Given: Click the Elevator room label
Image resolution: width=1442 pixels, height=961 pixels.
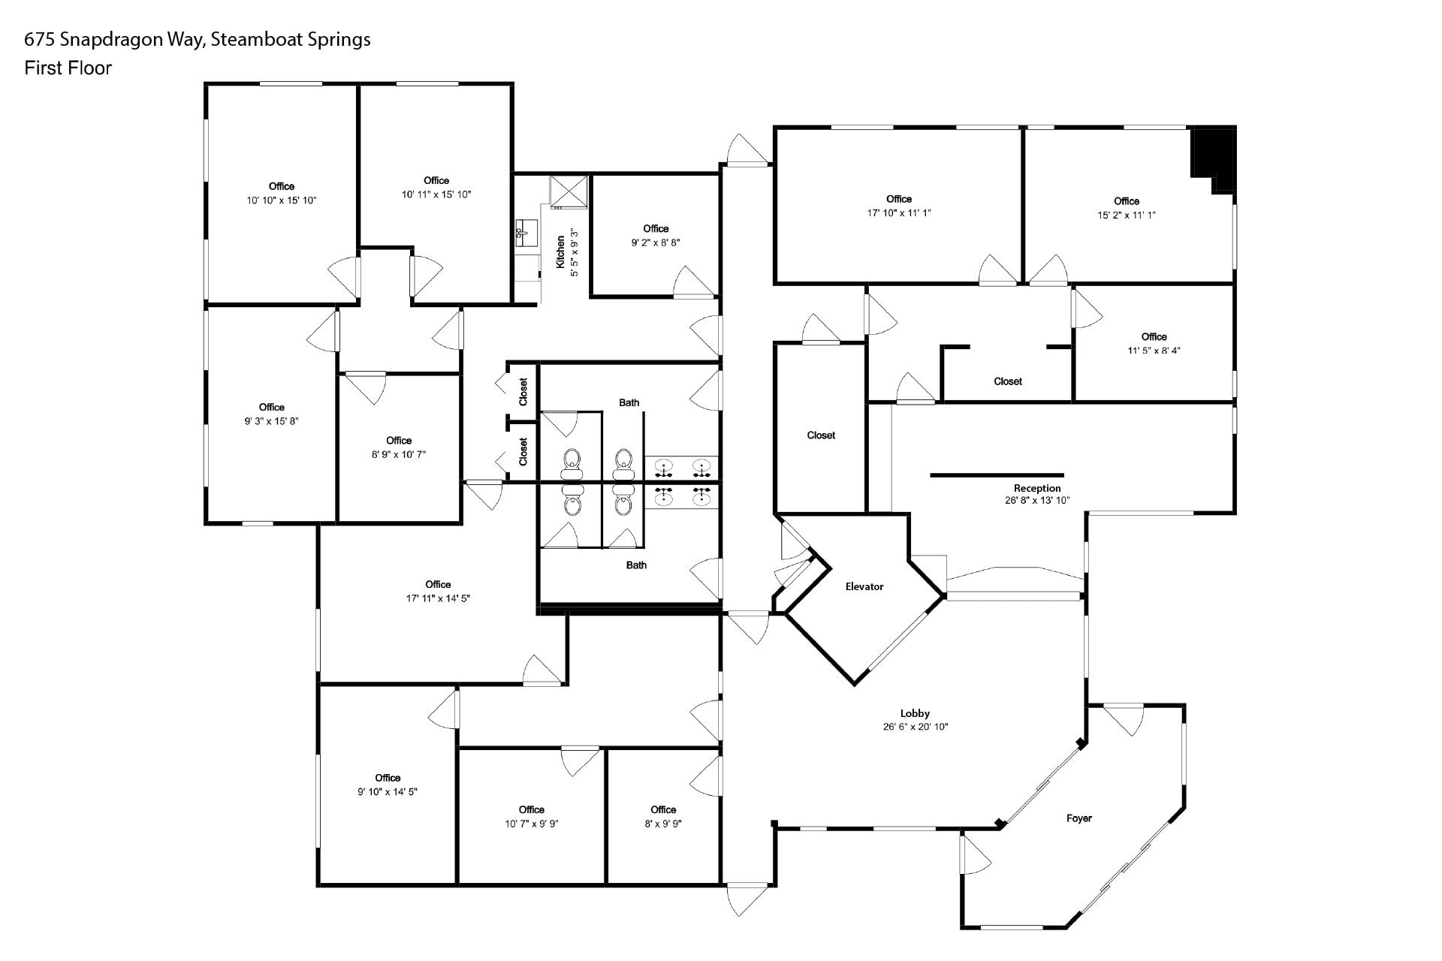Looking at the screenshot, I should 864,586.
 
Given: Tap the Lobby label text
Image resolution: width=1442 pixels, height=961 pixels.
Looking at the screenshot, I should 915,713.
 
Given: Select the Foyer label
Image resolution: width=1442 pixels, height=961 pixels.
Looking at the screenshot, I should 1078,818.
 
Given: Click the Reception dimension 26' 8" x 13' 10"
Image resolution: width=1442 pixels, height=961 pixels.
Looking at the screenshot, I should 1037,500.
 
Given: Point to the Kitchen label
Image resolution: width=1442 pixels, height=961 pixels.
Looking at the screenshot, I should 560,252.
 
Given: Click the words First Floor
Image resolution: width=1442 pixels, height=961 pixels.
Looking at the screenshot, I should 68,68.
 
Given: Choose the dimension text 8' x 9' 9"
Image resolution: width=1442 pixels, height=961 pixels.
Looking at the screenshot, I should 662,824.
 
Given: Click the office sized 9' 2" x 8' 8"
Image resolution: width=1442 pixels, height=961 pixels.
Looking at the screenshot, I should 655,236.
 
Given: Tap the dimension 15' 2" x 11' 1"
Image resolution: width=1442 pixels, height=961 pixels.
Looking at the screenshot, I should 1126,215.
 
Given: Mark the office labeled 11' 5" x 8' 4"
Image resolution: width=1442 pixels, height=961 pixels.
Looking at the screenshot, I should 1154,343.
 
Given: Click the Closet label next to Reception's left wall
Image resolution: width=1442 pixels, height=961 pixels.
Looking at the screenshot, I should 821,435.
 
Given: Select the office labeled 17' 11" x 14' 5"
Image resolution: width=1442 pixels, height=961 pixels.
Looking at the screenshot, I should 438,592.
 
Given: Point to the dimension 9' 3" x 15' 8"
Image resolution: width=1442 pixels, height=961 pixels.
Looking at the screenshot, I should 271,421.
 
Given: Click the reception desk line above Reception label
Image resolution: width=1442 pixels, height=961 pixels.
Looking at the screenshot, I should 997,475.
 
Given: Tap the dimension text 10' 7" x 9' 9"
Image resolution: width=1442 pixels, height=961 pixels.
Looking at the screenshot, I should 531,824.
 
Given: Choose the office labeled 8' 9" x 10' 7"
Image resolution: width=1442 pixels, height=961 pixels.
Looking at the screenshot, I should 398,447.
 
